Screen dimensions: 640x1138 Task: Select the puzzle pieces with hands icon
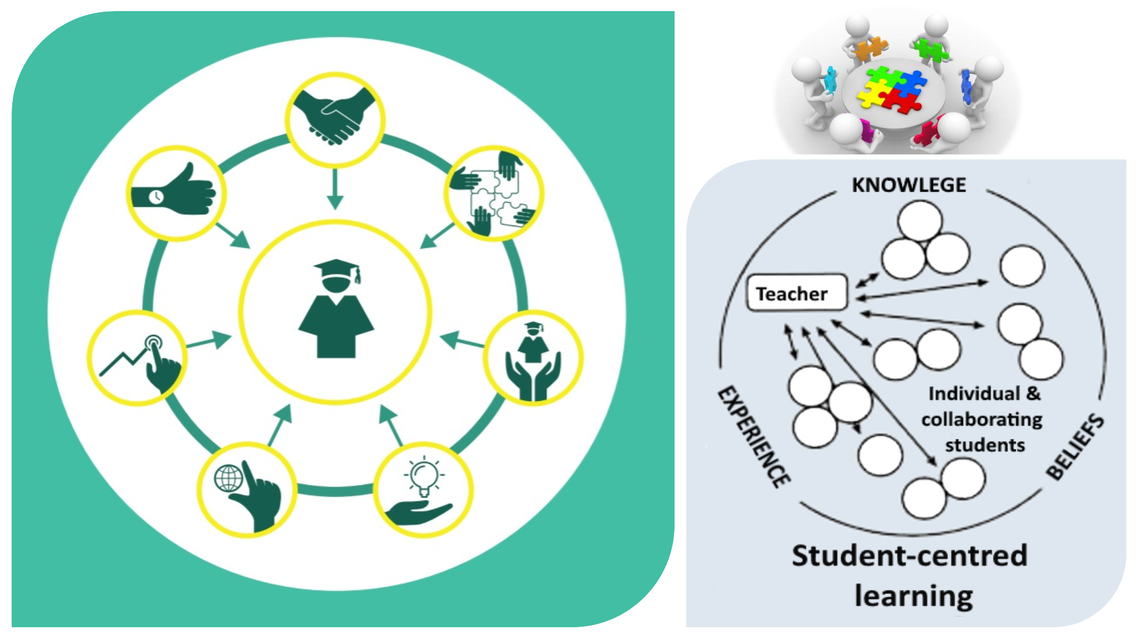493,193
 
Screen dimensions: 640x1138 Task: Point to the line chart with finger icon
138,359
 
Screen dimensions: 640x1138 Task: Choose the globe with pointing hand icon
247,489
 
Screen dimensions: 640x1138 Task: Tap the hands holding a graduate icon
533,359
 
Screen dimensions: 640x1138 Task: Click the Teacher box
797,292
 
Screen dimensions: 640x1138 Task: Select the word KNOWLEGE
909,185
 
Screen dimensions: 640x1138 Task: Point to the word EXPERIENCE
754,436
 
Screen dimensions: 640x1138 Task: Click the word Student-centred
910,556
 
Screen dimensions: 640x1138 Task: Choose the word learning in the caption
914,596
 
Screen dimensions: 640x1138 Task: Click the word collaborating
982,419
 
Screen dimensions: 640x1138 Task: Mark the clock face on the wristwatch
156,196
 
